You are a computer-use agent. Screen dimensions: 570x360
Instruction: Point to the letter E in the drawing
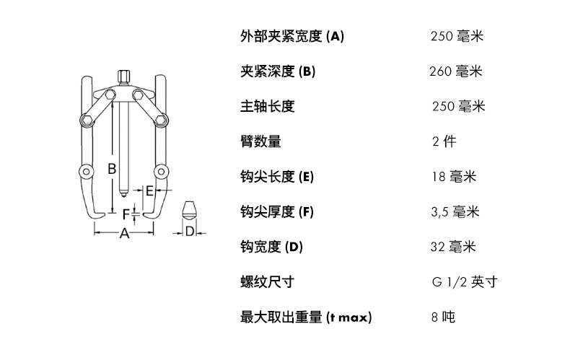point(149,191)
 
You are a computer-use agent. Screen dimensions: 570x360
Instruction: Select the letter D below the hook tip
point(190,232)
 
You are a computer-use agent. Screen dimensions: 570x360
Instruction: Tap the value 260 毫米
point(455,71)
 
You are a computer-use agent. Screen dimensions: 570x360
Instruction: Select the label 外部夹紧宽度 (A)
point(291,36)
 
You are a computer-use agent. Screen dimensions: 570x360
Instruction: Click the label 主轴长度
point(267,106)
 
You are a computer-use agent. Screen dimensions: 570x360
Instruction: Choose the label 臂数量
point(260,141)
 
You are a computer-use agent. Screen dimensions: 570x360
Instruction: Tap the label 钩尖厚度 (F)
point(277,212)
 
